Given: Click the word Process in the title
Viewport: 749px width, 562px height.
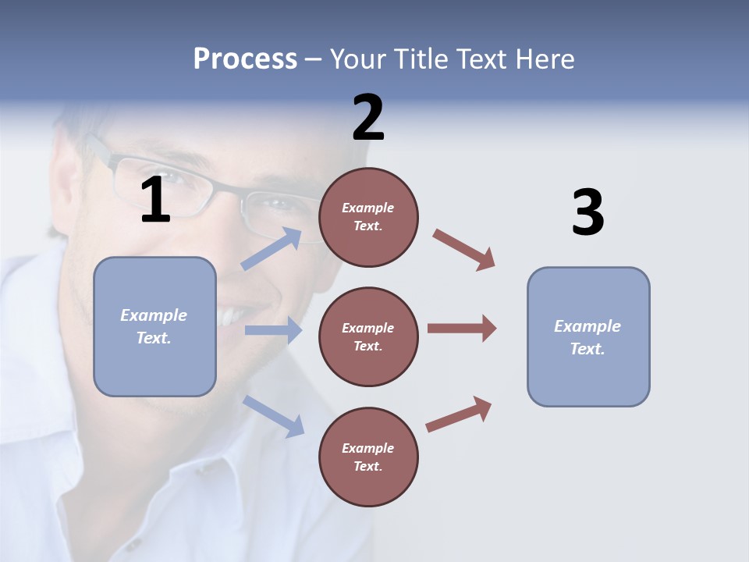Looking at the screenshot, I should coord(245,59).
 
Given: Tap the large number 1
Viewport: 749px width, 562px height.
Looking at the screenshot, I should coord(155,201).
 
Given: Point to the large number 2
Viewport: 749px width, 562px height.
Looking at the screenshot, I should coord(368,118).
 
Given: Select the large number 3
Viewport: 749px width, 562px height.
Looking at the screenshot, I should coord(588,213).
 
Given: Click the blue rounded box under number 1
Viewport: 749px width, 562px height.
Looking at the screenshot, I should coord(154,326).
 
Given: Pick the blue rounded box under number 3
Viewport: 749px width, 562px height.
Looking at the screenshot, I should coord(588,336).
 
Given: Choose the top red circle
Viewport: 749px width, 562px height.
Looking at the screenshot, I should coord(368,217).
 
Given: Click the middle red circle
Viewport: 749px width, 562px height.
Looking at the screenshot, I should coord(368,336).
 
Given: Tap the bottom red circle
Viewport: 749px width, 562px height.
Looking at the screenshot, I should coord(368,457).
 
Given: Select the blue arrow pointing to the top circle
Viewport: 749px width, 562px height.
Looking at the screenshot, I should coord(272,249).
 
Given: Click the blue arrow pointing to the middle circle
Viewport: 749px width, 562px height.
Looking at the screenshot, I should coord(273,330).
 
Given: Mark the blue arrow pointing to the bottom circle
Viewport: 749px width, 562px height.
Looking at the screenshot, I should coord(273,415).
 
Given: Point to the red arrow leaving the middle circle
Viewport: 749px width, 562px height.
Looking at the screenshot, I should coord(462,329).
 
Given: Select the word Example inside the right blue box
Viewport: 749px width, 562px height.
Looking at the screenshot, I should coord(587,326).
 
